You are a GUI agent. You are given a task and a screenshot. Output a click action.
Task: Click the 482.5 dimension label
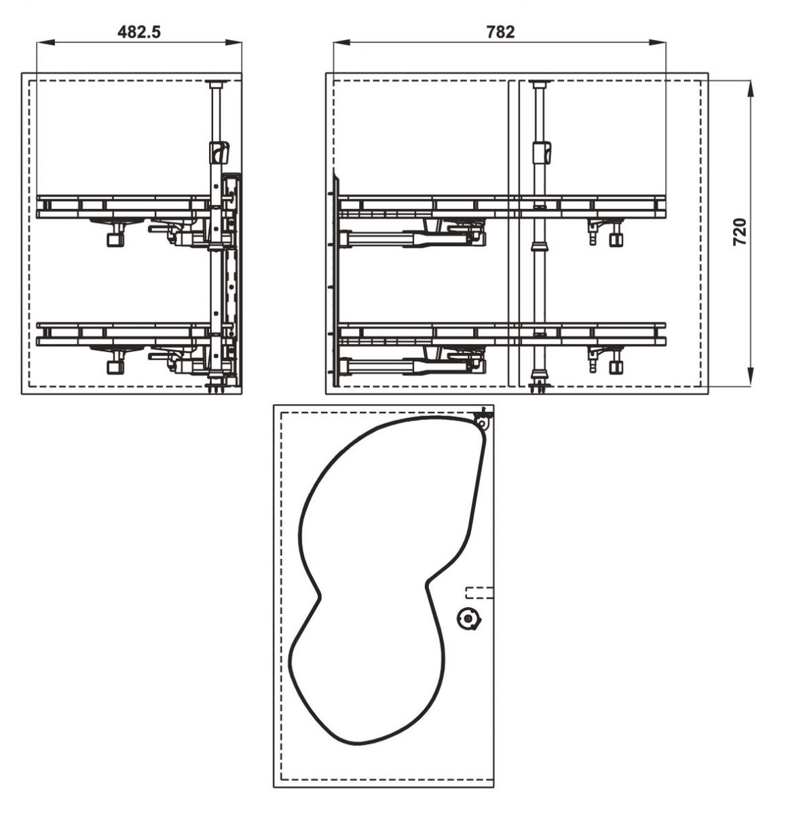coord(139,32)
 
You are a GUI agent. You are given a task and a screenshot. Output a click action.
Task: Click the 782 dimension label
coord(500,32)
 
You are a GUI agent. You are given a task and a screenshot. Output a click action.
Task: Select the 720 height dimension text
coord(740,232)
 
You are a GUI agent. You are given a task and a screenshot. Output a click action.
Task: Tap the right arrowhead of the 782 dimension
coord(657,42)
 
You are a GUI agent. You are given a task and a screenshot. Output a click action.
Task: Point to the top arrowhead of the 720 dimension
coord(751,90)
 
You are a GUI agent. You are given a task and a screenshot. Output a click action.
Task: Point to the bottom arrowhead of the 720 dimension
coord(751,375)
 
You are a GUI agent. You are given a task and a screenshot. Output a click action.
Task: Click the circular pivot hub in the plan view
coord(468,618)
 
